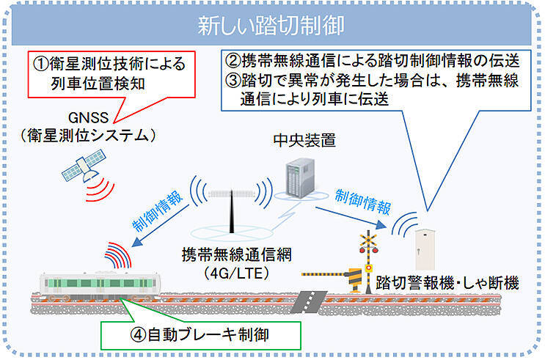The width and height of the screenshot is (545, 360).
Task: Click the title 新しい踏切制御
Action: tap(271, 25)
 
